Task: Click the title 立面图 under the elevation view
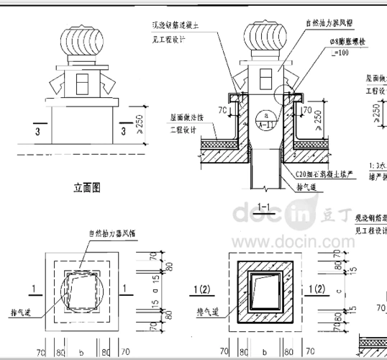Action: pos(86,188)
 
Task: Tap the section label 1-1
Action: pos(263,208)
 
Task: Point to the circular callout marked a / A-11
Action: pos(266,119)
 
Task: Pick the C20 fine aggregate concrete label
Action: pos(324,174)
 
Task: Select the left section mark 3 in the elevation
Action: pos(35,132)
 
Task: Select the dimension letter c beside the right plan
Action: pos(339,291)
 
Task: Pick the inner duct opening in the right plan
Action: pos(264,294)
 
